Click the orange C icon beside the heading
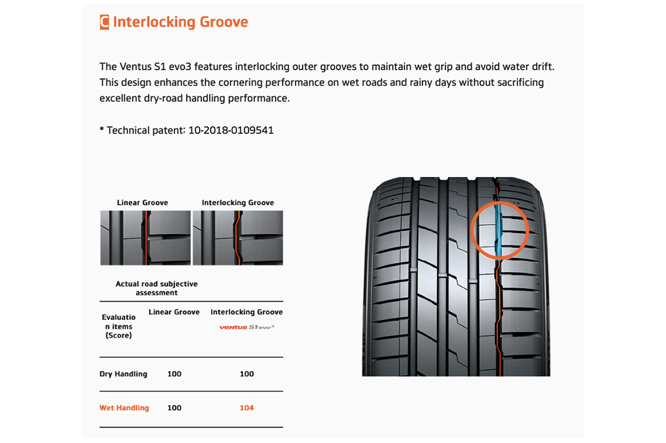(x=105, y=22)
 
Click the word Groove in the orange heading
(x=224, y=22)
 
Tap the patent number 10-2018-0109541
(x=231, y=130)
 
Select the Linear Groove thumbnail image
(x=145, y=237)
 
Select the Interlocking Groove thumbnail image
(x=238, y=237)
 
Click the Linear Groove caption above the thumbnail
(x=143, y=203)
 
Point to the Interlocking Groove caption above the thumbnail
(x=238, y=203)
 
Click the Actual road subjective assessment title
(x=157, y=288)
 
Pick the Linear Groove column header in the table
(x=174, y=312)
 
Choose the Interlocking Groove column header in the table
(x=247, y=312)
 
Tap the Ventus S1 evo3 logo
(x=247, y=327)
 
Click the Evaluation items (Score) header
(x=119, y=327)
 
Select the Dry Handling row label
(x=123, y=374)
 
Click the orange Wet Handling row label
(x=124, y=408)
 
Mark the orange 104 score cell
(x=247, y=408)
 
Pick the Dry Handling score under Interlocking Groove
(x=247, y=374)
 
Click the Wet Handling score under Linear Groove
(x=174, y=408)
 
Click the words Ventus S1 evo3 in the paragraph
(x=155, y=67)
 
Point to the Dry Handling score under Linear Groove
(x=174, y=374)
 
